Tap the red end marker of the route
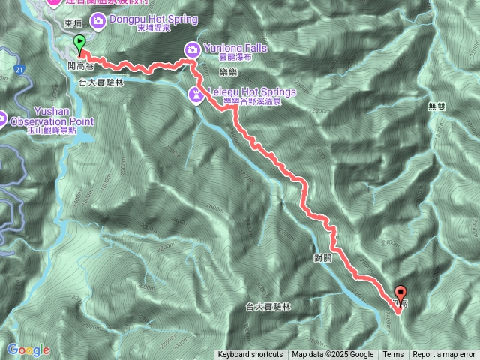click(x=400, y=294)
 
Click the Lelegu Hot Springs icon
click(x=196, y=94)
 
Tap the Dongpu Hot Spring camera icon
click(x=99, y=19)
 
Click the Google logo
click(x=28, y=349)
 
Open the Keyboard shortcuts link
click(x=250, y=355)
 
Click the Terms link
click(x=393, y=355)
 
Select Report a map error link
click(x=444, y=355)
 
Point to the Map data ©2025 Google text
click(x=333, y=355)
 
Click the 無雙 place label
click(x=436, y=106)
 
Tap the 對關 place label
click(x=323, y=256)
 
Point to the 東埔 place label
click(x=73, y=24)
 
